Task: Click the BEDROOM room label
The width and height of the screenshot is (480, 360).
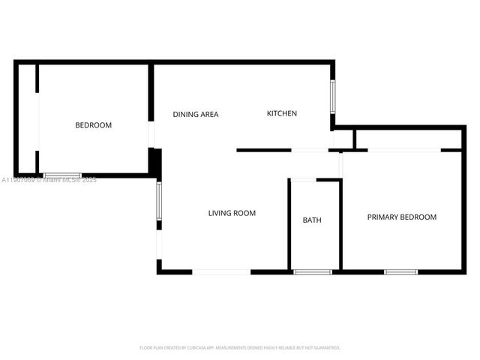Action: pos(93,125)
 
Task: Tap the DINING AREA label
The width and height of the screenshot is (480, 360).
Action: pos(196,115)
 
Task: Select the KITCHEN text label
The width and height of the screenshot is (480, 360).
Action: pos(282,114)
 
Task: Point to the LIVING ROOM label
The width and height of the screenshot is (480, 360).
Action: pos(232,213)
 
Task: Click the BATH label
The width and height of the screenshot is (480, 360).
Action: pos(312,220)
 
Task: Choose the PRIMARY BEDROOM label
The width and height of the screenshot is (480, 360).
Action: pos(401,217)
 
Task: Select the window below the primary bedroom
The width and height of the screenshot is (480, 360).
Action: pos(400,271)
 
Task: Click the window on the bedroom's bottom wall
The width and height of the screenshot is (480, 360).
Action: pos(62,175)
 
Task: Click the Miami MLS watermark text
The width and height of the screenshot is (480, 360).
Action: pos(49,180)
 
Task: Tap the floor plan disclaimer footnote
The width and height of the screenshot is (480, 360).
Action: pos(240,348)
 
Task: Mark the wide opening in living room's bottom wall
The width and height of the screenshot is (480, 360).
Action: pos(222,271)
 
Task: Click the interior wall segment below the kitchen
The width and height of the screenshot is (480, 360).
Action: pos(264,151)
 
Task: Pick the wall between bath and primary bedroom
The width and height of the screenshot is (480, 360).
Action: pos(340,225)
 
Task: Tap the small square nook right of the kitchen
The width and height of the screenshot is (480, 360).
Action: pos(343,139)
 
